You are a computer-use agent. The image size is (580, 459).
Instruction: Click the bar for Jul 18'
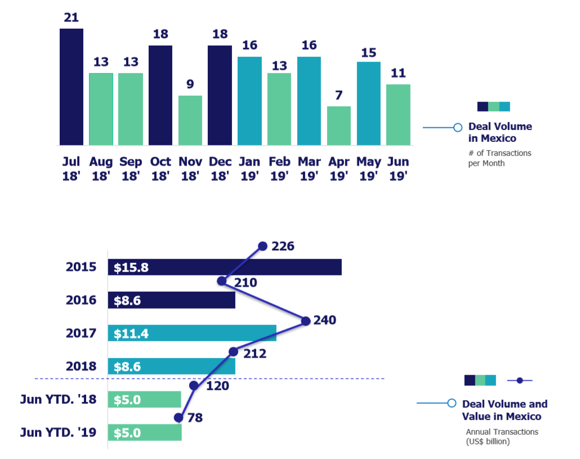point(72,87)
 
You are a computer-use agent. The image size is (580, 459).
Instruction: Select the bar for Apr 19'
point(338,126)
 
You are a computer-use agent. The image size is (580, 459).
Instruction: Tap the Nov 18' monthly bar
point(190,120)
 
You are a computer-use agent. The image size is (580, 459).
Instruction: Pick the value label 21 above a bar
point(71,17)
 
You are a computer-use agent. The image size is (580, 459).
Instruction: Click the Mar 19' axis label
point(309,168)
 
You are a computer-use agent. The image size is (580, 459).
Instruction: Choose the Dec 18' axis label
point(220,168)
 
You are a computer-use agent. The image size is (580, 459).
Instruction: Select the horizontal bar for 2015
point(225,268)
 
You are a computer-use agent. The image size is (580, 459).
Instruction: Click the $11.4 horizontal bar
point(192,333)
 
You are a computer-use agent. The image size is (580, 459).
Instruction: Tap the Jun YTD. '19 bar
point(145,433)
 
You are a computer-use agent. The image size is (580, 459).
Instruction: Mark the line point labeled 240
point(306,321)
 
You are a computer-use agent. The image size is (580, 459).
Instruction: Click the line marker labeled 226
point(262,246)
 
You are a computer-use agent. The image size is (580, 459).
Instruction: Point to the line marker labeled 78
point(179,417)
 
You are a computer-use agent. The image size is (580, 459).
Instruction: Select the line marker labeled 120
point(194,386)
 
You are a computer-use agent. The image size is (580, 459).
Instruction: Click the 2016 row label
point(81,300)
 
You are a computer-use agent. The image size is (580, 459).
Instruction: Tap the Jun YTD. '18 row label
point(59,400)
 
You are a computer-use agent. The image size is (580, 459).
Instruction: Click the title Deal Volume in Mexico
point(500,132)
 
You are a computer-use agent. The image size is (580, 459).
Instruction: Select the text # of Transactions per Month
point(499,158)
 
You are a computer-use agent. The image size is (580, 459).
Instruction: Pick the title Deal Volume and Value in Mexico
point(505,410)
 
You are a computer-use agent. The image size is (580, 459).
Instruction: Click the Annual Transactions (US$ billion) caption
point(502,436)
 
